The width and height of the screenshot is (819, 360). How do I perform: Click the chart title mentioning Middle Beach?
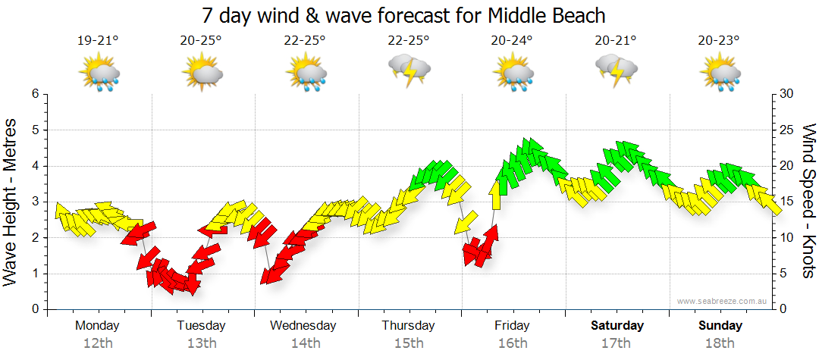point(405,15)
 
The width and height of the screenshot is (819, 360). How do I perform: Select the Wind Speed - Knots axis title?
point(808,201)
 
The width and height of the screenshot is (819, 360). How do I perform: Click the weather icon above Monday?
point(99,74)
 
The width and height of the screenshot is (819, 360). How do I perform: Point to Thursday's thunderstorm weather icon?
point(409,70)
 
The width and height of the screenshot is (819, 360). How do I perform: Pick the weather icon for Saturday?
point(616,70)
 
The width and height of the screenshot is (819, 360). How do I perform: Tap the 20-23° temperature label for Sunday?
point(719,41)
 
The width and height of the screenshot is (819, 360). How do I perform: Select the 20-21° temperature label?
point(615,41)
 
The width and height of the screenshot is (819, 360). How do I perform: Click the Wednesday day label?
point(303,326)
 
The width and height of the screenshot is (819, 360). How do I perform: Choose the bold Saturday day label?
point(617,326)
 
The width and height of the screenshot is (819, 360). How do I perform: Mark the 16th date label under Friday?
point(513,343)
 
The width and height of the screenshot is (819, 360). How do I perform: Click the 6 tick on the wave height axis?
point(34,94)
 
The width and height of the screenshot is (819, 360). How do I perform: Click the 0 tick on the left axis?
point(34,309)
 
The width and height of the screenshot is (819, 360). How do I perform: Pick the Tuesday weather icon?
point(202,74)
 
